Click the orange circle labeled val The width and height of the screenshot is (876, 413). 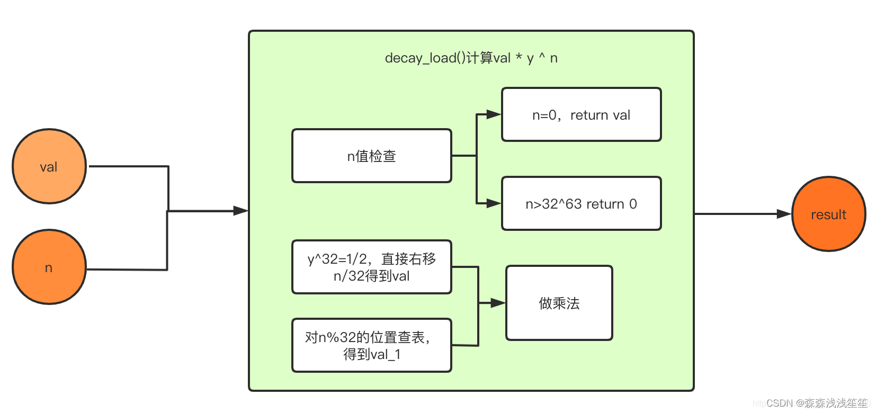[49, 166]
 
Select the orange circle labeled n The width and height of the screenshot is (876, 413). [49, 267]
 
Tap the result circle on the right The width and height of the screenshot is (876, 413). [828, 214]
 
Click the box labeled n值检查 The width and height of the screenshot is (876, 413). [371, 156]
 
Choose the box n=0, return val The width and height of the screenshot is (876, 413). [581, 114]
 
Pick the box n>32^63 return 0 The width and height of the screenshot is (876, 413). [581, 203]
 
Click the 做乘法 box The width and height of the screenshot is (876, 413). [559, 303]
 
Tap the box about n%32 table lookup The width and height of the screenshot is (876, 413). [371, 345]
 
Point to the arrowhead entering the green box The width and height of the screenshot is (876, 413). [242, 211]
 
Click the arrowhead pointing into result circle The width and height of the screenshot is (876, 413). [784, 214]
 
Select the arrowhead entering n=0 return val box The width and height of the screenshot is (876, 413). [494, 114]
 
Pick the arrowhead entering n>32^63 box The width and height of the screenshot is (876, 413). [494, 203]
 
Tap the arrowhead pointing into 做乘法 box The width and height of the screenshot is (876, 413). [498, 303]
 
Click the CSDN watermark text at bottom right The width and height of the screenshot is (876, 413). [816, 403]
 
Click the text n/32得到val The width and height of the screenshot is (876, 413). [371, 276]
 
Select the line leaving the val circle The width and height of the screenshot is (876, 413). [127, 166]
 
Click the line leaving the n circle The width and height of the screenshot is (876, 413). [127, 270]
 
